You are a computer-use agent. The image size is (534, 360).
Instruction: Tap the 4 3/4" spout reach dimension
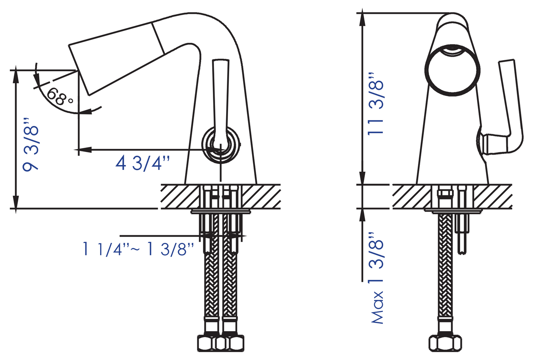143,163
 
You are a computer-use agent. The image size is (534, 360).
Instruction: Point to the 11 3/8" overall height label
375,104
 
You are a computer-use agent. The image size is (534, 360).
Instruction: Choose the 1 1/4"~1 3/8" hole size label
138,249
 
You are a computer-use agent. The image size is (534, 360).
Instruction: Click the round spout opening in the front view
452,70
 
